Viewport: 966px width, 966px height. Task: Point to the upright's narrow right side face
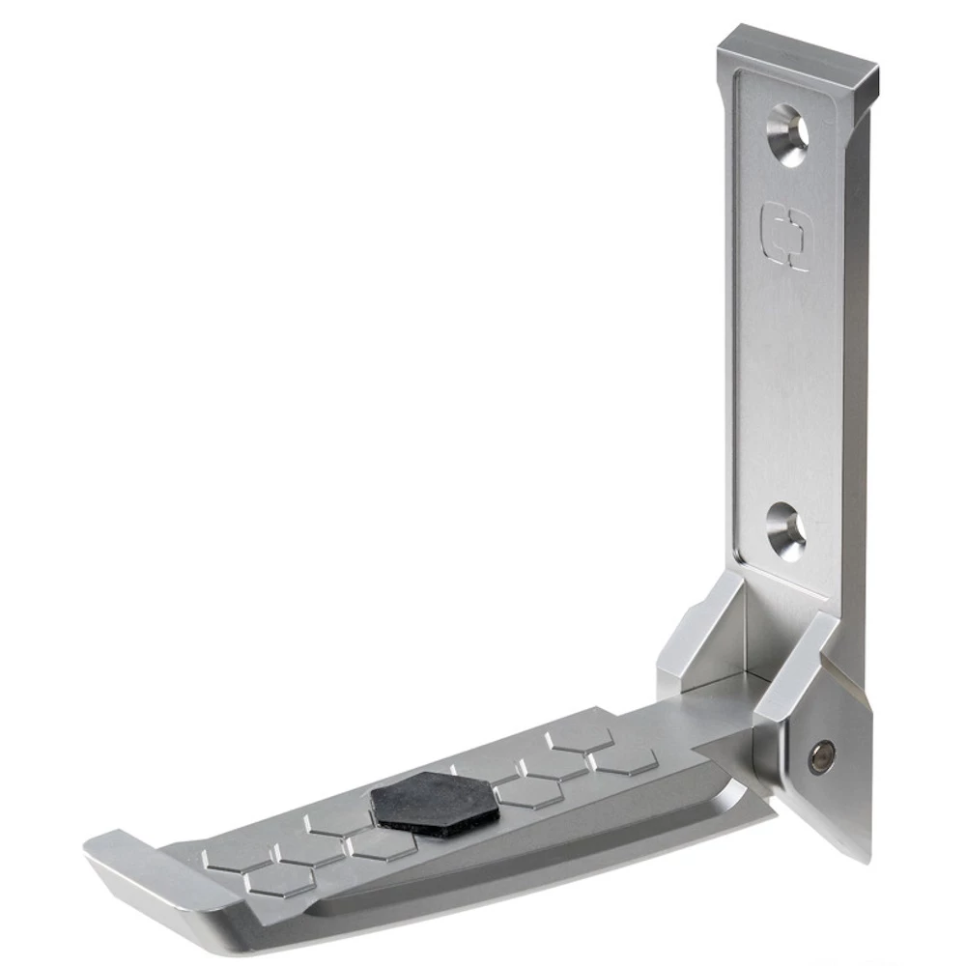[x=853, y=386]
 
